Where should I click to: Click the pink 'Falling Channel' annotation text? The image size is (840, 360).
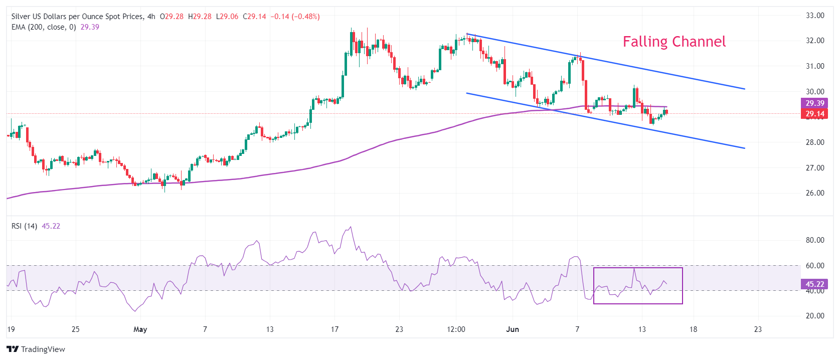tap(674, 42)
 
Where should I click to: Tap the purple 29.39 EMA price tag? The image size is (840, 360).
tap(815, 103)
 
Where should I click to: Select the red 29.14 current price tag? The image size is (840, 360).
tap(815, 114)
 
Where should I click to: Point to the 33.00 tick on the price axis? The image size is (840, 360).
tap(815, 16)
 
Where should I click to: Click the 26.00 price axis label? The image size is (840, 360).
tap(815, 193)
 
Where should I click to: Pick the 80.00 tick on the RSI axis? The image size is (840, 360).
tap(815, 240)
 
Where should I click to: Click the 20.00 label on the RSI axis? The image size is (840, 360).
tap(815, 316)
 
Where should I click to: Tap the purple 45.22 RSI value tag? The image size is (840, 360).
tap(815, 284)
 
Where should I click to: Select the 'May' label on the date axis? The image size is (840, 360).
tap(140, 329)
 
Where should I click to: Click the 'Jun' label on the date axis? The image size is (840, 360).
tap(513, 329)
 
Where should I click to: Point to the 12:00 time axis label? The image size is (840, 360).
tap(456, 329)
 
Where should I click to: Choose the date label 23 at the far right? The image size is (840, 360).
tap(758, 329)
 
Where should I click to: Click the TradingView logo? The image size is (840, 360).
tap(36, 349)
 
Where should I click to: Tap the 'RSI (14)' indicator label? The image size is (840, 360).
tap(25, 226)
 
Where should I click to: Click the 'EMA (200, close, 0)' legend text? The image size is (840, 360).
tap(44, 27)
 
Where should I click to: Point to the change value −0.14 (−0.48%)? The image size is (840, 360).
tap(295, 17)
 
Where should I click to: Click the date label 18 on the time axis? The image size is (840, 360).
tap(693, 329)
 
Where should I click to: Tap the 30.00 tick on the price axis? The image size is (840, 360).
tap(815, 92)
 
